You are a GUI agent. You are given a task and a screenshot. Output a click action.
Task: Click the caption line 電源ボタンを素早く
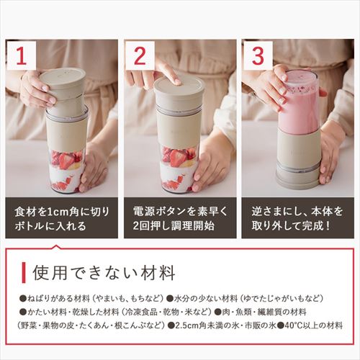179,214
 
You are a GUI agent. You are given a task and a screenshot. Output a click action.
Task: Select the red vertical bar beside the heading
27,272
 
